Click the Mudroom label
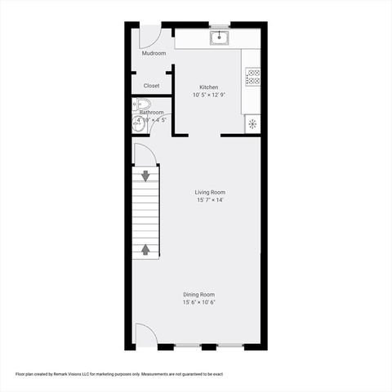[154, 53]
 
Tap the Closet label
[152, 85]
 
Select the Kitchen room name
[209, 87]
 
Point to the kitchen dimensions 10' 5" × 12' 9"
[209, 95]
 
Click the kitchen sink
[218, 37]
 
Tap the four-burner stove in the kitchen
[253, 78]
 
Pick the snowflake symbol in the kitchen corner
[252, 123]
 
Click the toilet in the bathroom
[144, 104]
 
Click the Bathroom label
[151, 113]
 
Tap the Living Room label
[210, 193]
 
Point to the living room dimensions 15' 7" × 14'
[210, 200]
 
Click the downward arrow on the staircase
[146, 175]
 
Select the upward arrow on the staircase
[146, 249]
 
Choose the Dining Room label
[199, 295]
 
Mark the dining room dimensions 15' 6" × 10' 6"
[199, 302]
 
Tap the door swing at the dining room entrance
[145, 335]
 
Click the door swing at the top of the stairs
[145, 154]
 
